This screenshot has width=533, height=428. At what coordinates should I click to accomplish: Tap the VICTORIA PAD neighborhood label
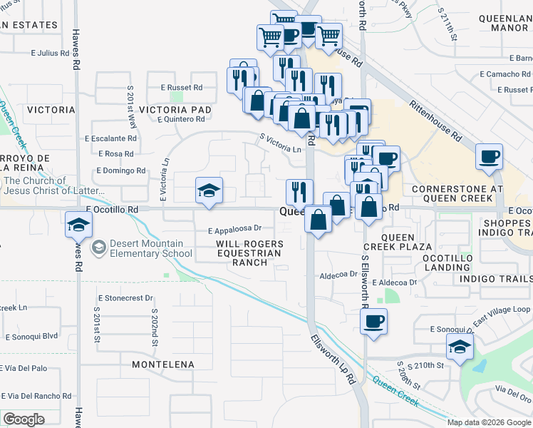pyautogui.click(x=175, y=110)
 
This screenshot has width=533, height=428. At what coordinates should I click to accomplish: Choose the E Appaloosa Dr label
pyautogui.click(x=235, y=230)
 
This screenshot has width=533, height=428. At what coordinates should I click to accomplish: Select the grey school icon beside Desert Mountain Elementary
pyautogui.click(x=99, y=247)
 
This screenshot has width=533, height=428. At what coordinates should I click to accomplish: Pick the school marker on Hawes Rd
pyautogui.click(x=77, y=224)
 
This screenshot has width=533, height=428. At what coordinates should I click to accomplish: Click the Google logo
pyautogui.click(x=24, y=419)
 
